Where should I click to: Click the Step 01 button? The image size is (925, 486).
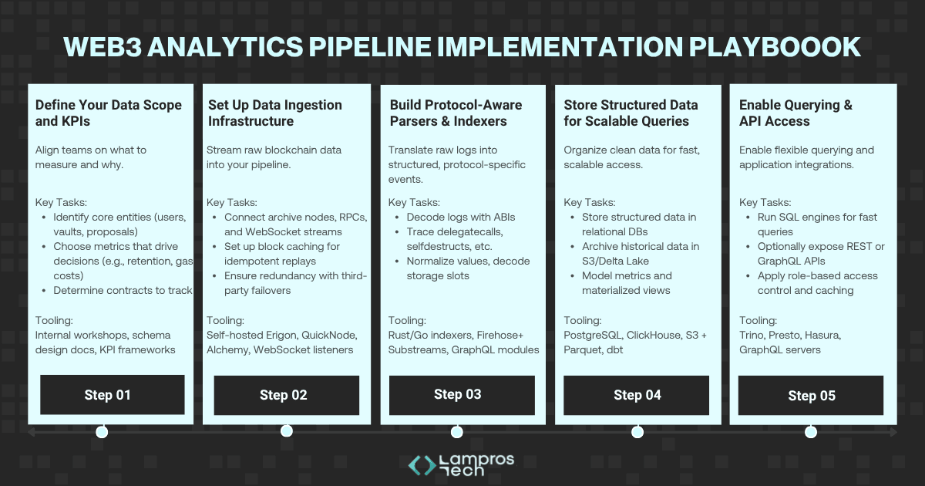112,395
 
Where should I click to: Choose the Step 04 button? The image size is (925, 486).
637,395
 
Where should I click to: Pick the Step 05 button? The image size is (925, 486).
811,396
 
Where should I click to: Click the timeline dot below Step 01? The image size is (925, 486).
102,431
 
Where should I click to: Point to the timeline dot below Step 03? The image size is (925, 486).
456,431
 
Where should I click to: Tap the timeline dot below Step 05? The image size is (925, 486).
811,431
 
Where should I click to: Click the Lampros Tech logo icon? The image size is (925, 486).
421,464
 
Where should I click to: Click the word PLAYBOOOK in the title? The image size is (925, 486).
772,46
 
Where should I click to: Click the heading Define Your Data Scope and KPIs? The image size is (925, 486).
109,113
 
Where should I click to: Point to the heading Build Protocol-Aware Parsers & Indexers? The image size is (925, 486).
456,113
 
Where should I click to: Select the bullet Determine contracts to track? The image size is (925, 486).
123,290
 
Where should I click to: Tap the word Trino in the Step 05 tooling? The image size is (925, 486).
754,336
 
